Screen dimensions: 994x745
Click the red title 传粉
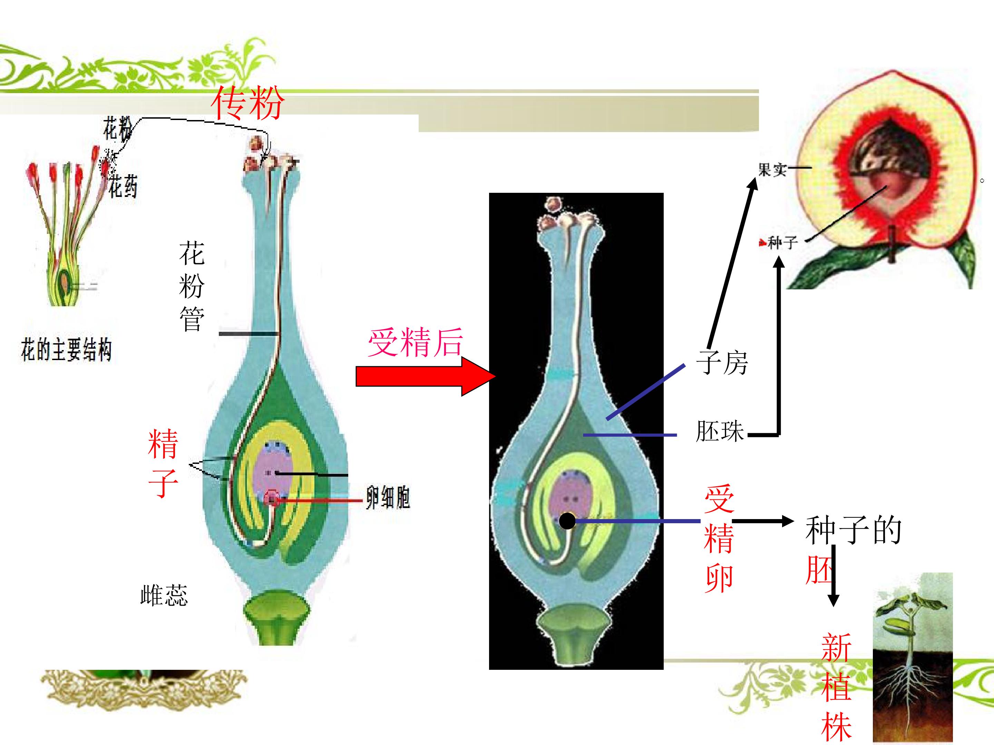click(247, 103)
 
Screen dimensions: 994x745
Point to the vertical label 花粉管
click(192, 286)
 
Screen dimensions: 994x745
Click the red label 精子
click(163, 463)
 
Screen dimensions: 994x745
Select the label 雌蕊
click(164, 595)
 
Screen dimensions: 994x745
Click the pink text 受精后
click(416, 342)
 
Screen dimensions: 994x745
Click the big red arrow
click(425, 376)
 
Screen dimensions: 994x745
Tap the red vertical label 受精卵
click(719, 538)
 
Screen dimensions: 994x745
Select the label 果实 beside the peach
click(772, 169)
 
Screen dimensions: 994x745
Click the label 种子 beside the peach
click(783, 243)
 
